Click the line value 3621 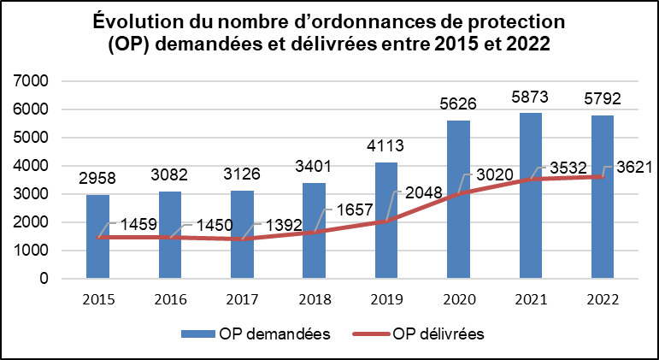tap(635, 168)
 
